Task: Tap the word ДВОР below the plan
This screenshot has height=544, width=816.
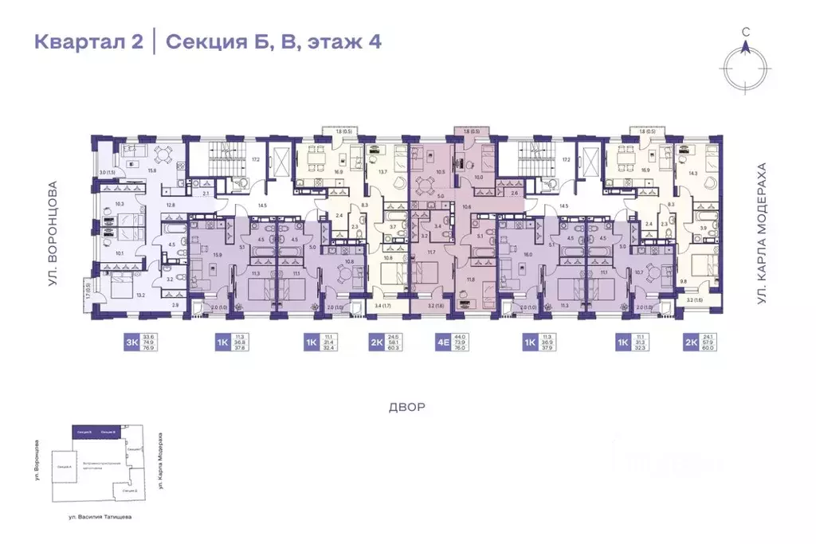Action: (x=408, y=407)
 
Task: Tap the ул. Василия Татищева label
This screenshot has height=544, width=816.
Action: (x=100, y=516)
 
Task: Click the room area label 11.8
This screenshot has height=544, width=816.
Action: (x=470, y=279)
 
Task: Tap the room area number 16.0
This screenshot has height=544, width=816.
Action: (x=528, y=255)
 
